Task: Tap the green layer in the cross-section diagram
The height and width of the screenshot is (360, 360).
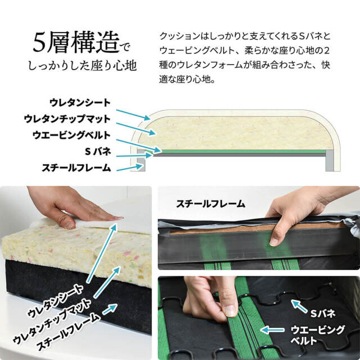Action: coord(242,151)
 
